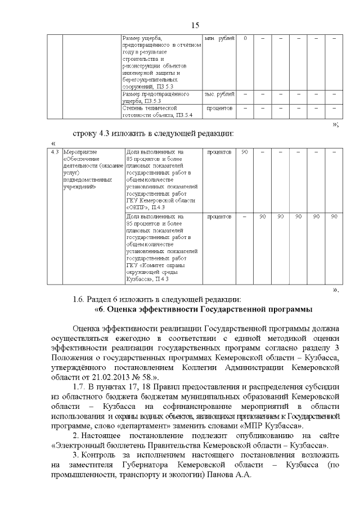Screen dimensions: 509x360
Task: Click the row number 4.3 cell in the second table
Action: [55, 152]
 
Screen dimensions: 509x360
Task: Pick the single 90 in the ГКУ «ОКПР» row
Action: [245, 152]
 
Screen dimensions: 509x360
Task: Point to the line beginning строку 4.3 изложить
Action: [152, 134]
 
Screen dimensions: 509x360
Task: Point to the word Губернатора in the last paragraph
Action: [142, 465]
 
